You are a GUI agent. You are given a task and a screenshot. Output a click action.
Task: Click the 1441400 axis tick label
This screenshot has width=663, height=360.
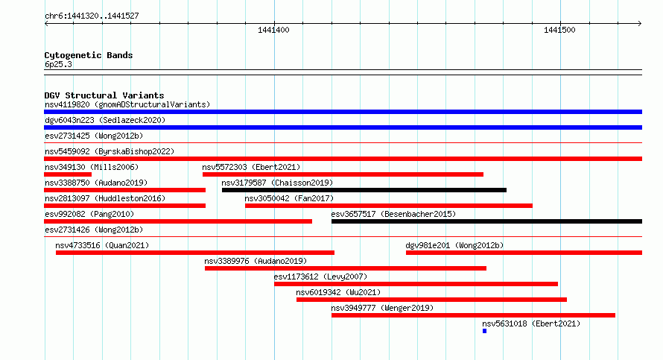tap(273, 30)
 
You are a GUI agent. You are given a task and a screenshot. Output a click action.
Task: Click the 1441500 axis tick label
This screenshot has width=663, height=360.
tap(559, 30)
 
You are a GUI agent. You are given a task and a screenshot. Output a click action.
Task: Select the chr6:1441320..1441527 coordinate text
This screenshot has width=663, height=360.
tap(92, 16)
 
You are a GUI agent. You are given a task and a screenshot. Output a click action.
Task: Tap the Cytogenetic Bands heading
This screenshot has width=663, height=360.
tap(89, 55)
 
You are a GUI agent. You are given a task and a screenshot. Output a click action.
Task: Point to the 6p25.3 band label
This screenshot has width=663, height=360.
tap(58, 64)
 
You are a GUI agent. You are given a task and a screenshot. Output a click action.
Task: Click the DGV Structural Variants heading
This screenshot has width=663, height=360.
tap(104, 95)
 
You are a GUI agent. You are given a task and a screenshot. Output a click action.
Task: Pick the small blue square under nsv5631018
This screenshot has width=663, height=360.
tap(484, 331)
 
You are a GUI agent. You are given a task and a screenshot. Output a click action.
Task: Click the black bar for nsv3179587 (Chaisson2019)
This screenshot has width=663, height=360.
tap(364, 190)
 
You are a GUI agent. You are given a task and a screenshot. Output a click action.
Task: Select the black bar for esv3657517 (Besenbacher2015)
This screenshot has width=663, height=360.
tap(486, 221)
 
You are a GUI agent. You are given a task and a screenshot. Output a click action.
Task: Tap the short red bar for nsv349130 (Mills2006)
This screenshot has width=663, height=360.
tap(68, 174)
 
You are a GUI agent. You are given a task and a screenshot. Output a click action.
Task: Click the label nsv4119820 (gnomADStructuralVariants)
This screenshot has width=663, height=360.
tap(127, 104)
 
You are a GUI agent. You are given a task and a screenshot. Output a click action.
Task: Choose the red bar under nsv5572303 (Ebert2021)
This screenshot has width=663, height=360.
tap(343, 174)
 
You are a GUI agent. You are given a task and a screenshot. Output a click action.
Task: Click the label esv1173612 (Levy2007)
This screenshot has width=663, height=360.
tap(320, 277)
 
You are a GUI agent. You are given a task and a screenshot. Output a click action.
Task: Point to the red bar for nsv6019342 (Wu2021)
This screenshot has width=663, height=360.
tap(432, 300)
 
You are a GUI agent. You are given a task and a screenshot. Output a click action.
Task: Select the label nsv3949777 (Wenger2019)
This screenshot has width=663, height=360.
tap(382, 308)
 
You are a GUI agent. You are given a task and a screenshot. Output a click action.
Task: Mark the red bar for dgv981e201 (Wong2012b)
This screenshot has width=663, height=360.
tap(524, 253)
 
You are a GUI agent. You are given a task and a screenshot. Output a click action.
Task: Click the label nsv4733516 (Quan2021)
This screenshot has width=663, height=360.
tap(102, 245)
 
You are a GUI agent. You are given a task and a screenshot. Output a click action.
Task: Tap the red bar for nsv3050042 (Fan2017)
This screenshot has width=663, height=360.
tap(389, 206)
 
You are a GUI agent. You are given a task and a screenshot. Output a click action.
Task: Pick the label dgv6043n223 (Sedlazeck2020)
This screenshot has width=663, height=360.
tap(105, 120)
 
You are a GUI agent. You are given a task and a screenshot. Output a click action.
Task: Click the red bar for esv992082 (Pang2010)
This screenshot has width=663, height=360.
tap(178, 221)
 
